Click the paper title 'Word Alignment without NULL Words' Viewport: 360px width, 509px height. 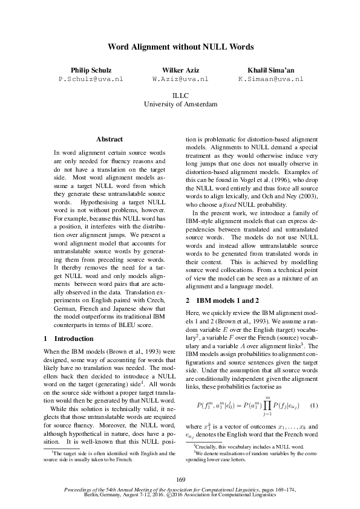(180, 47)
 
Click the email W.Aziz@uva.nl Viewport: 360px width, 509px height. (180, 79)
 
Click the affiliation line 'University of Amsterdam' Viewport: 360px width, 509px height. (180, 104)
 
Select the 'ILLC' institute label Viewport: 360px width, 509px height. (180, 96)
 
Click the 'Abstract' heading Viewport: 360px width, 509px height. (110, 139)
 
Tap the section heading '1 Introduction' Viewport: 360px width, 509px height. (70, 339)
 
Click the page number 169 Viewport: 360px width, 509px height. (180, 463)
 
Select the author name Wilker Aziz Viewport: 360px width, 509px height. (180, 70)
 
